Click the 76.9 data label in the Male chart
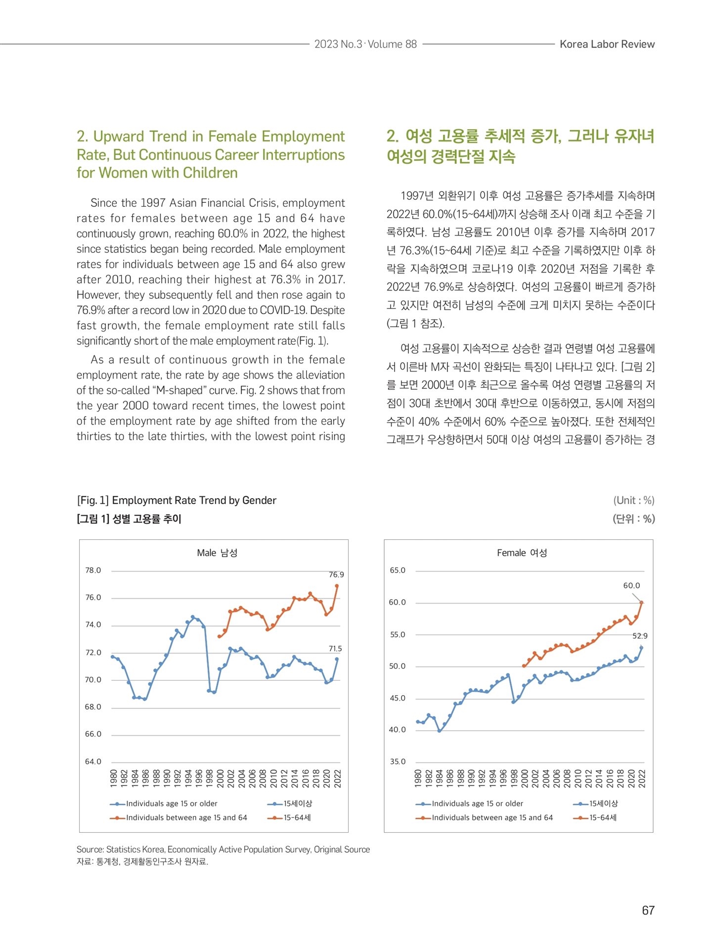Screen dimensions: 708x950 click(336, 574)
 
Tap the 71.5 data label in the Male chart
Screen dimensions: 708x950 click(335, 648)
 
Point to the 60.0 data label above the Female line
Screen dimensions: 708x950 click(631, 585)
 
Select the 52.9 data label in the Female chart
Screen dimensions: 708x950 click(640, 636)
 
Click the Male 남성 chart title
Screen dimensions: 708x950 click(217, 553)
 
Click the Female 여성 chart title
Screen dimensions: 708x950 click(522, 553)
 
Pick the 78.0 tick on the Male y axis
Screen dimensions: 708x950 click(93, 570)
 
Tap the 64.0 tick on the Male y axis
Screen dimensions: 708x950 click(93, 761)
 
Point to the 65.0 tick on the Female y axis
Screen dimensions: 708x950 click(398, 570)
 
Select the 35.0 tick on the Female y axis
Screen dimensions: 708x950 click(398, 761)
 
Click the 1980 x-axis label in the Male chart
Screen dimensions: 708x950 click(114, 778)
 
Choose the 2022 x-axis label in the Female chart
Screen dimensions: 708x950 click(642, 778)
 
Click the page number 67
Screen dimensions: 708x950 click(648, 910)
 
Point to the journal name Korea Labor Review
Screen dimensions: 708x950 click(607, 44)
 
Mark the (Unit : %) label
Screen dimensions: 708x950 click(634, 500)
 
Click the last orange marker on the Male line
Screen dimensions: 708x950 click(337, 586)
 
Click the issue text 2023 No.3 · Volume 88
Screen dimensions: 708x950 click(365, 44)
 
